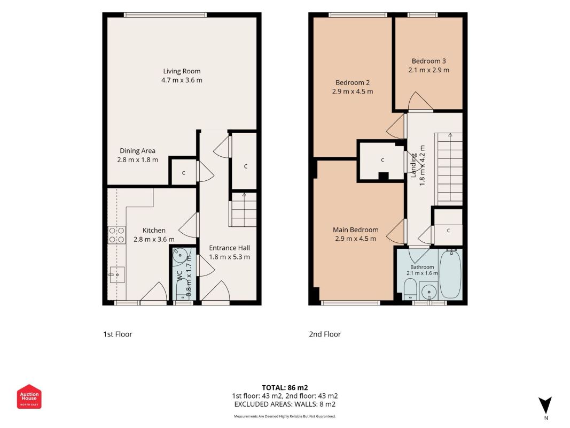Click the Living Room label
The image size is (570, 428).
[182, 71]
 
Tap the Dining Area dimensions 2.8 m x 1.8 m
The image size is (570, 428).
[137, 160]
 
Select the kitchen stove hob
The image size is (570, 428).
[116, 235]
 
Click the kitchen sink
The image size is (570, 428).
[117, 275]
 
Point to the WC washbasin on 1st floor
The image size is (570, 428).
[179, 256]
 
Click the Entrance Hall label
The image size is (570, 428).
[229, 248]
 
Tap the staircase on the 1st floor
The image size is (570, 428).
[243, 210]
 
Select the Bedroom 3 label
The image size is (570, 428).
[428, 61]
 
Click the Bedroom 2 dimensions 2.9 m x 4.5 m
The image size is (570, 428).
[352, 91]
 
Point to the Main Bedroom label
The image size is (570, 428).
[356, 230]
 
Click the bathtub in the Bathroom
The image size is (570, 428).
[450, 274]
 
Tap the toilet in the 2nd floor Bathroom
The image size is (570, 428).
[410, 288]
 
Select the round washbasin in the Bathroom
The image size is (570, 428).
[430, 292]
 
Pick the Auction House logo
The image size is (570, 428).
[29, 396]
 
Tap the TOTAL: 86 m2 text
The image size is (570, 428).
[285, 387]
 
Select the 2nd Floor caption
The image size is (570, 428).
[325, 334]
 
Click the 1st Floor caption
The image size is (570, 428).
[118, 334]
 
